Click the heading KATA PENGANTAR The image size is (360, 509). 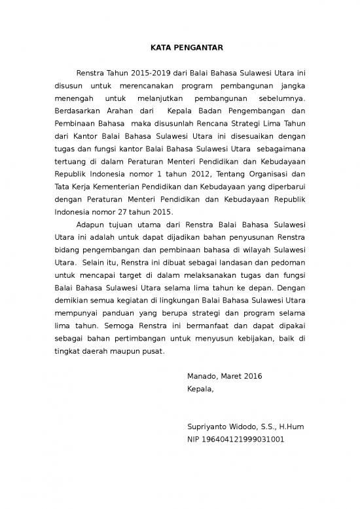(x=180, y=48)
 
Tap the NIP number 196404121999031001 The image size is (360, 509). (x=243, y=440)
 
